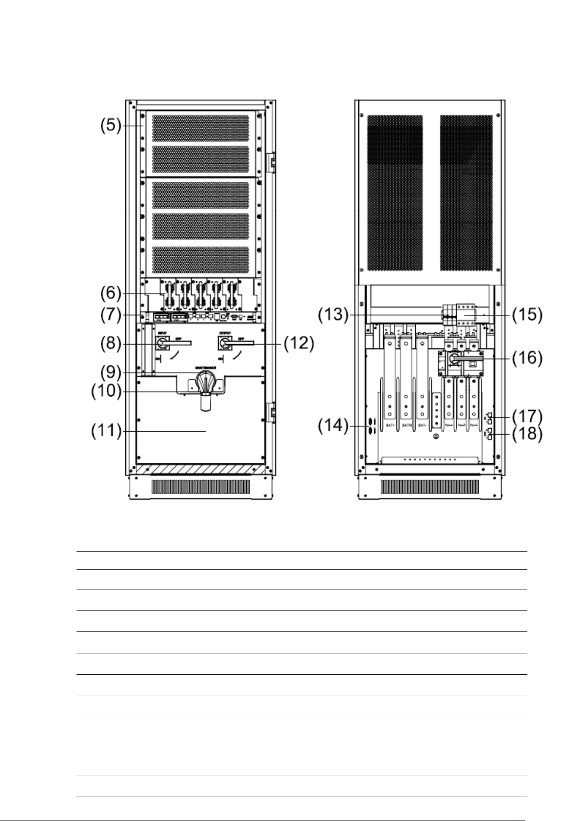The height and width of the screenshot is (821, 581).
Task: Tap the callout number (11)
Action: (x=107, y=431)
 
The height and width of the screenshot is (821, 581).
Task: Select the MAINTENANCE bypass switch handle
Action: (x=205, y=384)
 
